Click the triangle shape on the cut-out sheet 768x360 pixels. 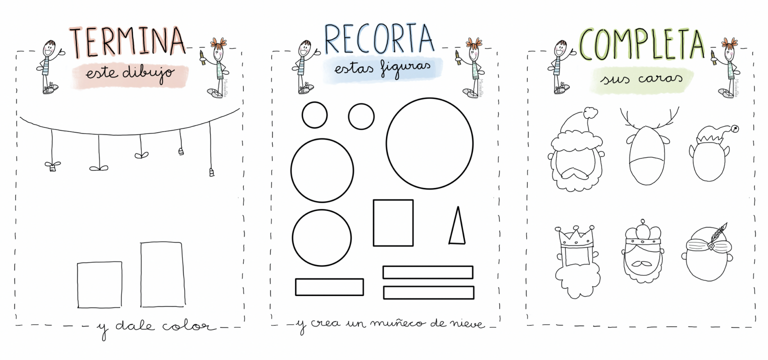click(456, 227)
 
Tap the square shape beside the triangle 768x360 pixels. click(393, 222)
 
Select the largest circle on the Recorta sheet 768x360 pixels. click(429, 143)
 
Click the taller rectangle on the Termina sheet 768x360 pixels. click(162, 274)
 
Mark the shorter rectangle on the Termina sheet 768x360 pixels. click(99, 284)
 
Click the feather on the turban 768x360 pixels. click(718, 232)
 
